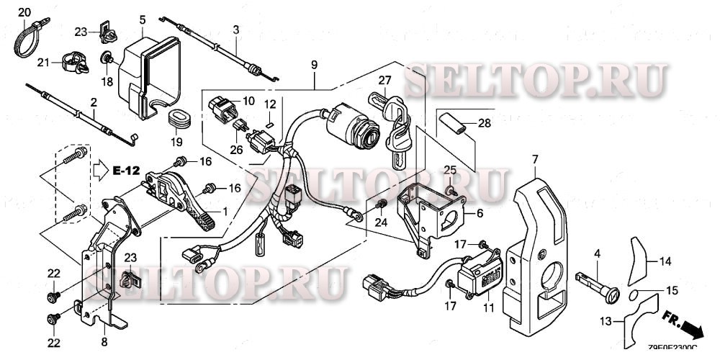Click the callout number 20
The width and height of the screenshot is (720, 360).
pos(24,13)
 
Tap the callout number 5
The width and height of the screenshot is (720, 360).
pos(142,19)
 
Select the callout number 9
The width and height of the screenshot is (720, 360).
pos(315,66)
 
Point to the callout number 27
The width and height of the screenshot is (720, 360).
pos(384,80)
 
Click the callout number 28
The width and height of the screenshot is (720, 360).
pos(485,124)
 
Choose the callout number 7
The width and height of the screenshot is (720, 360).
pos(535,158)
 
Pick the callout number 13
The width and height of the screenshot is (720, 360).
pos(608,320)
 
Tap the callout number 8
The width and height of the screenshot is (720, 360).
pos(104,342)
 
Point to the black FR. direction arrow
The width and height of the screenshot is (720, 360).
pos(692,328)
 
